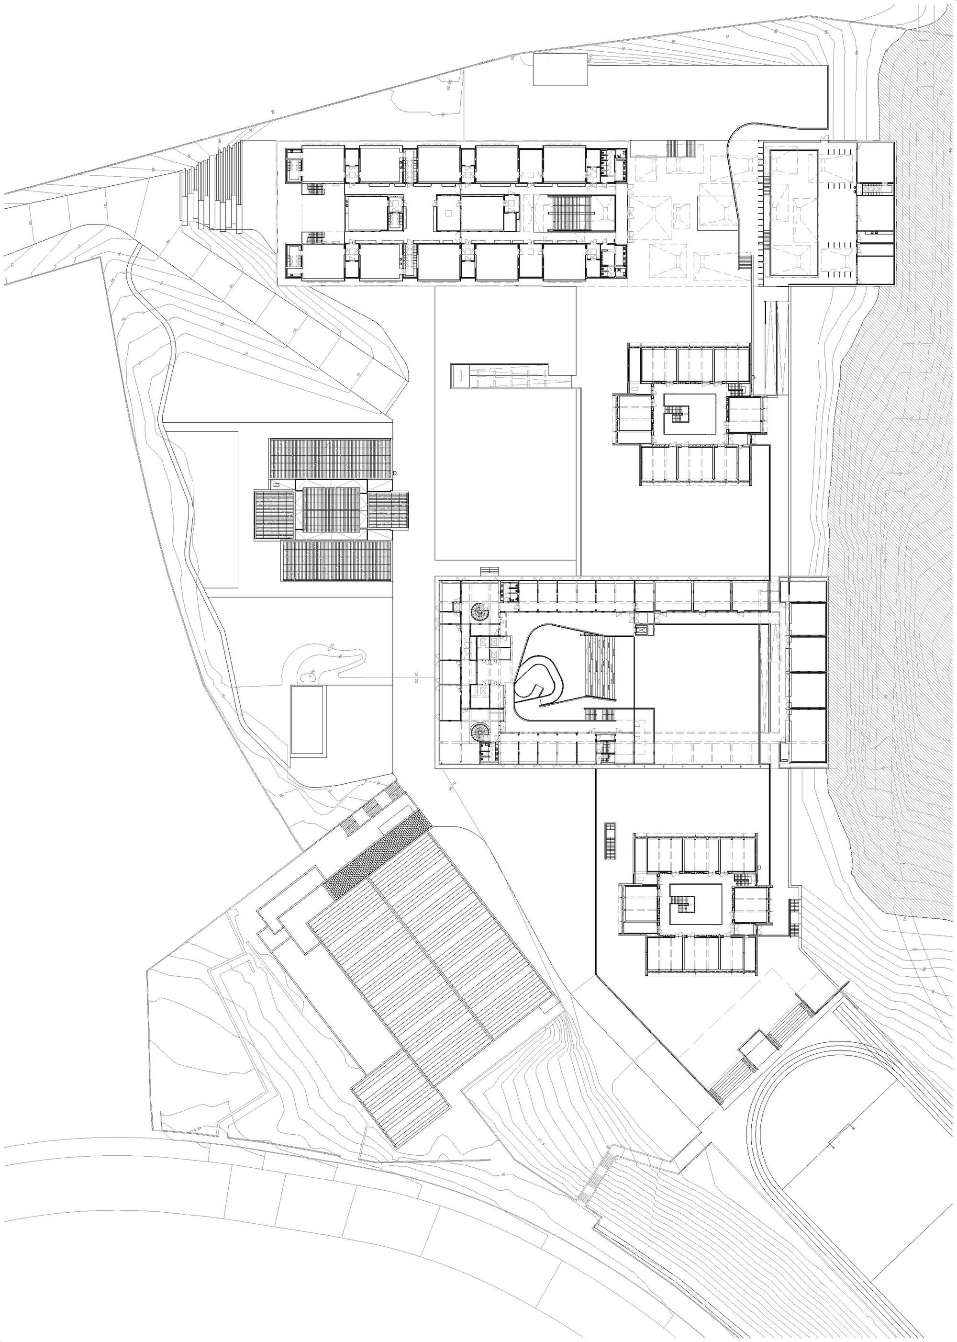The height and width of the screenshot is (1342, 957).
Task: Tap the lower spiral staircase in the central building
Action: [479, 733]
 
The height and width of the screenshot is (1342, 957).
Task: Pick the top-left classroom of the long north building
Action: [323, 165]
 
